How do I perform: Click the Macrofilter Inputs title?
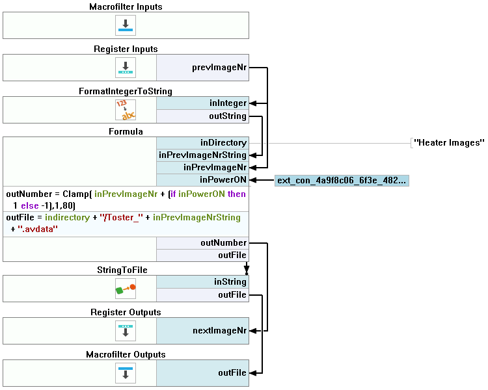pos(126,6)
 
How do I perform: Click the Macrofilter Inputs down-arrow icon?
pos(126,25)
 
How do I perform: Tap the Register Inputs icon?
pos(126,68)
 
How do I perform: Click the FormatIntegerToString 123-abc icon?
pos(126,110)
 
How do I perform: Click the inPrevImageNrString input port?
pos(202,155)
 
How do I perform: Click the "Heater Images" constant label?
pos(449,143)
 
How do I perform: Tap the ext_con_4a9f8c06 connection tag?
pos(342,181)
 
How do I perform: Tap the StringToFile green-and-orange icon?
pos(126,289)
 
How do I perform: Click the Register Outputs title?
pos(126,313)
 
